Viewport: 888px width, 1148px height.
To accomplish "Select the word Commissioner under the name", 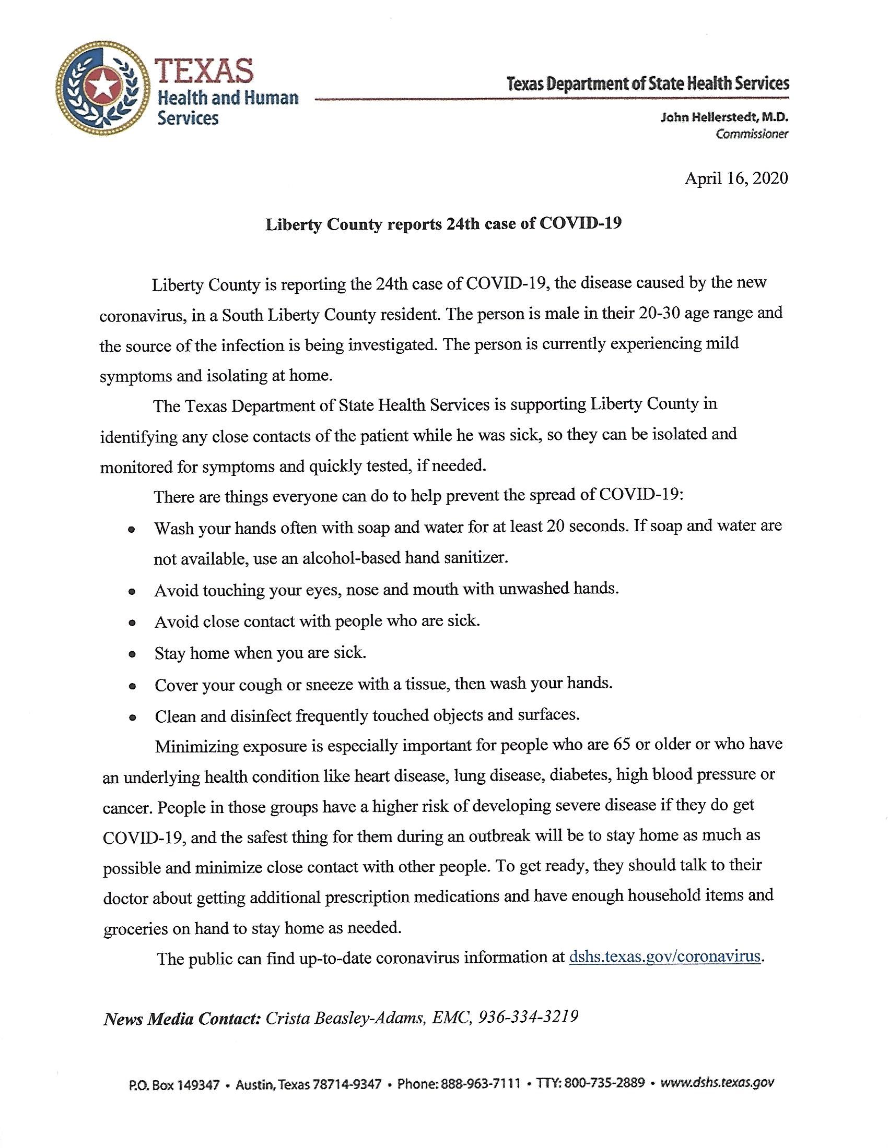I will pyautogui.click(x=751, y=134).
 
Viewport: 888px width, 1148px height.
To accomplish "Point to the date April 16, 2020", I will pyautogui.click(x=736, y=178).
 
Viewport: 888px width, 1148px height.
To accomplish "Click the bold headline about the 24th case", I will pyautogui.click(x=443, y=224).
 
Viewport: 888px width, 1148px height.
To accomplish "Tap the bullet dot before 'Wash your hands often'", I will pyautogui.click(x=132, y=529).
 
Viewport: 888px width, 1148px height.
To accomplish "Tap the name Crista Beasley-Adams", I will pyautogui.click(x=345, y=1018).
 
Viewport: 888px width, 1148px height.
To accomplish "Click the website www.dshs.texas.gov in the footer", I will pyautogui.click(x=717, y=1083).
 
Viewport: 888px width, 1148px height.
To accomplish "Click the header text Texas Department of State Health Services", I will pyautogui.click(x=648, y=84).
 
